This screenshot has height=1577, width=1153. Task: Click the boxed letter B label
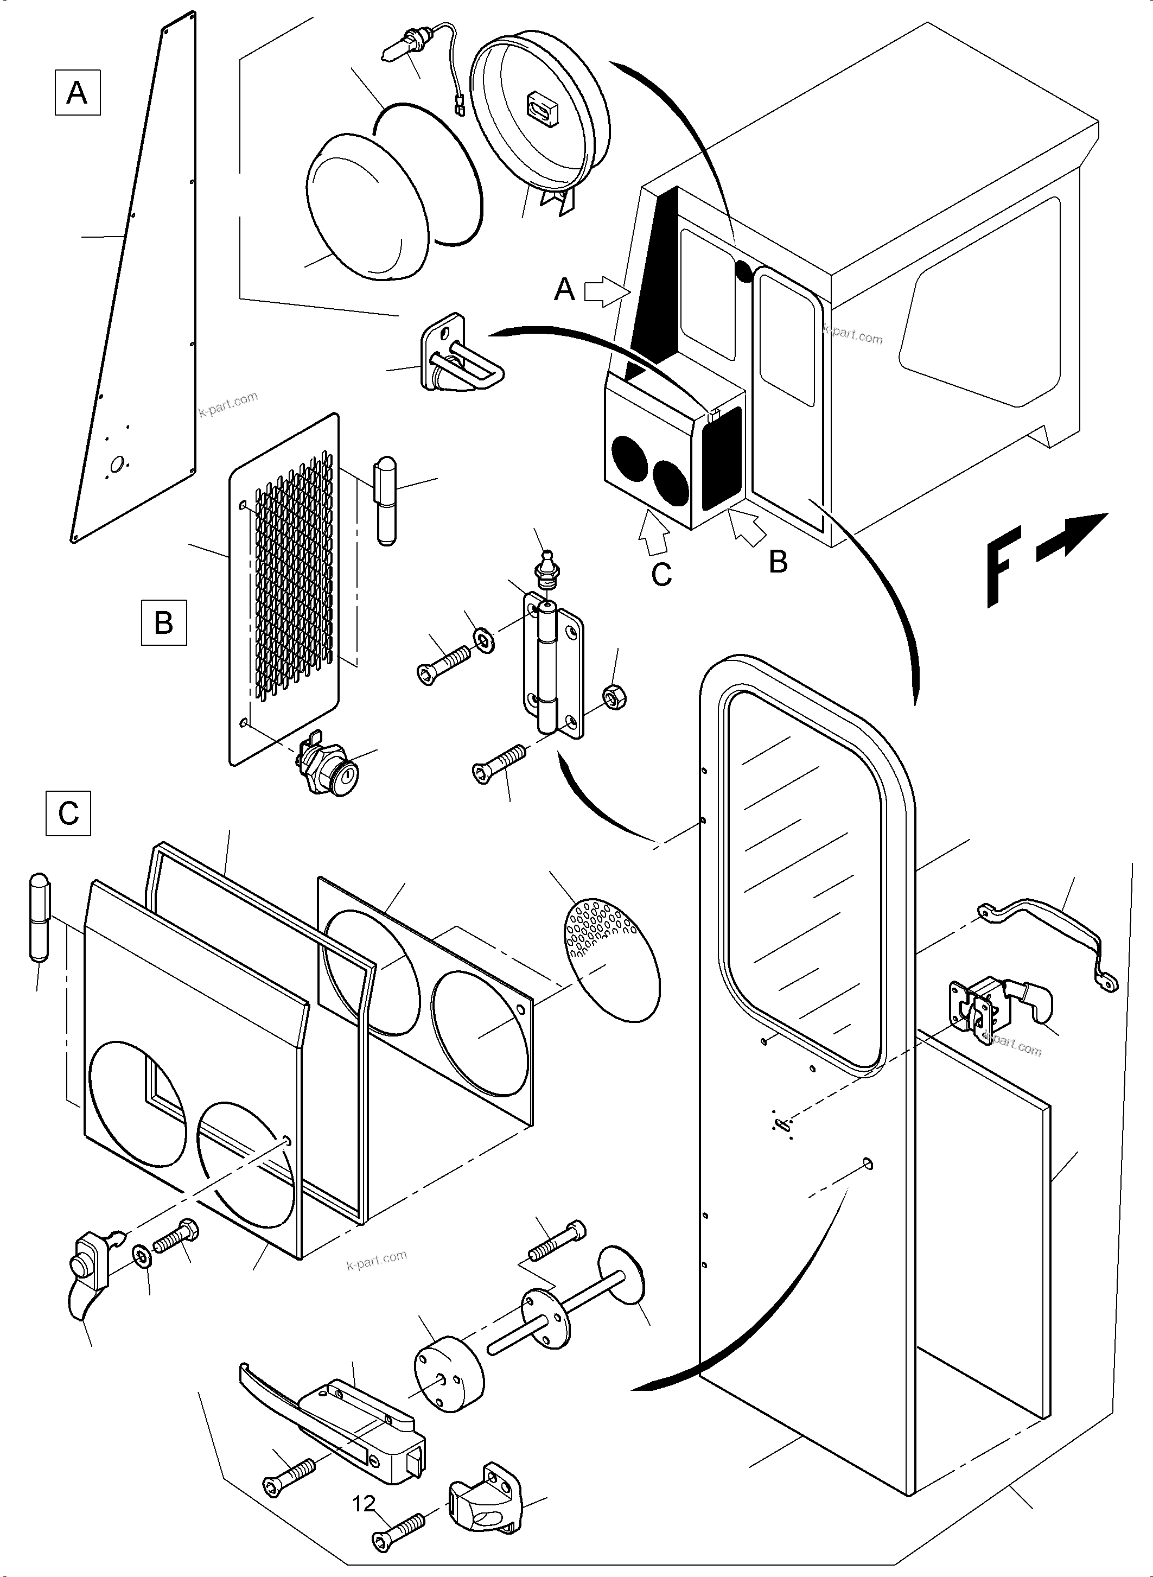click(163, 621)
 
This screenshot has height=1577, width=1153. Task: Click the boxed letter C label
click(68, 812)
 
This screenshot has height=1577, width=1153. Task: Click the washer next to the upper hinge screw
click(483, 639)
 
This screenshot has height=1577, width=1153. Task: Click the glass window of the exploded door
click(802, 873)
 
